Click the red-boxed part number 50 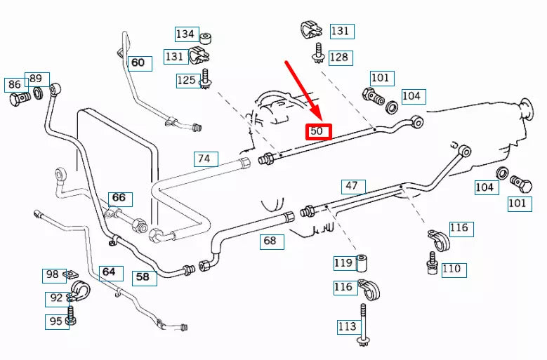pos(319,132)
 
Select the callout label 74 pos(206,159)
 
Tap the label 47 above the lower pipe pos(353,187)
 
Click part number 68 pos(272,241)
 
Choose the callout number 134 pos(187,34)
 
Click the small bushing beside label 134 pos(206,39)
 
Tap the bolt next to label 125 pos(205,79)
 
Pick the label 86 pos(15,85)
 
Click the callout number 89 pos(37,79)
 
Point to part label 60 pos(140,63)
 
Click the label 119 pos(344,263)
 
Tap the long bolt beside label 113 pos(363,324)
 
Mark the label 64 pos(111,273)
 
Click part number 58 pos(145,278)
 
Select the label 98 pos(55,275)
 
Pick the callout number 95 pos(57,322)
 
